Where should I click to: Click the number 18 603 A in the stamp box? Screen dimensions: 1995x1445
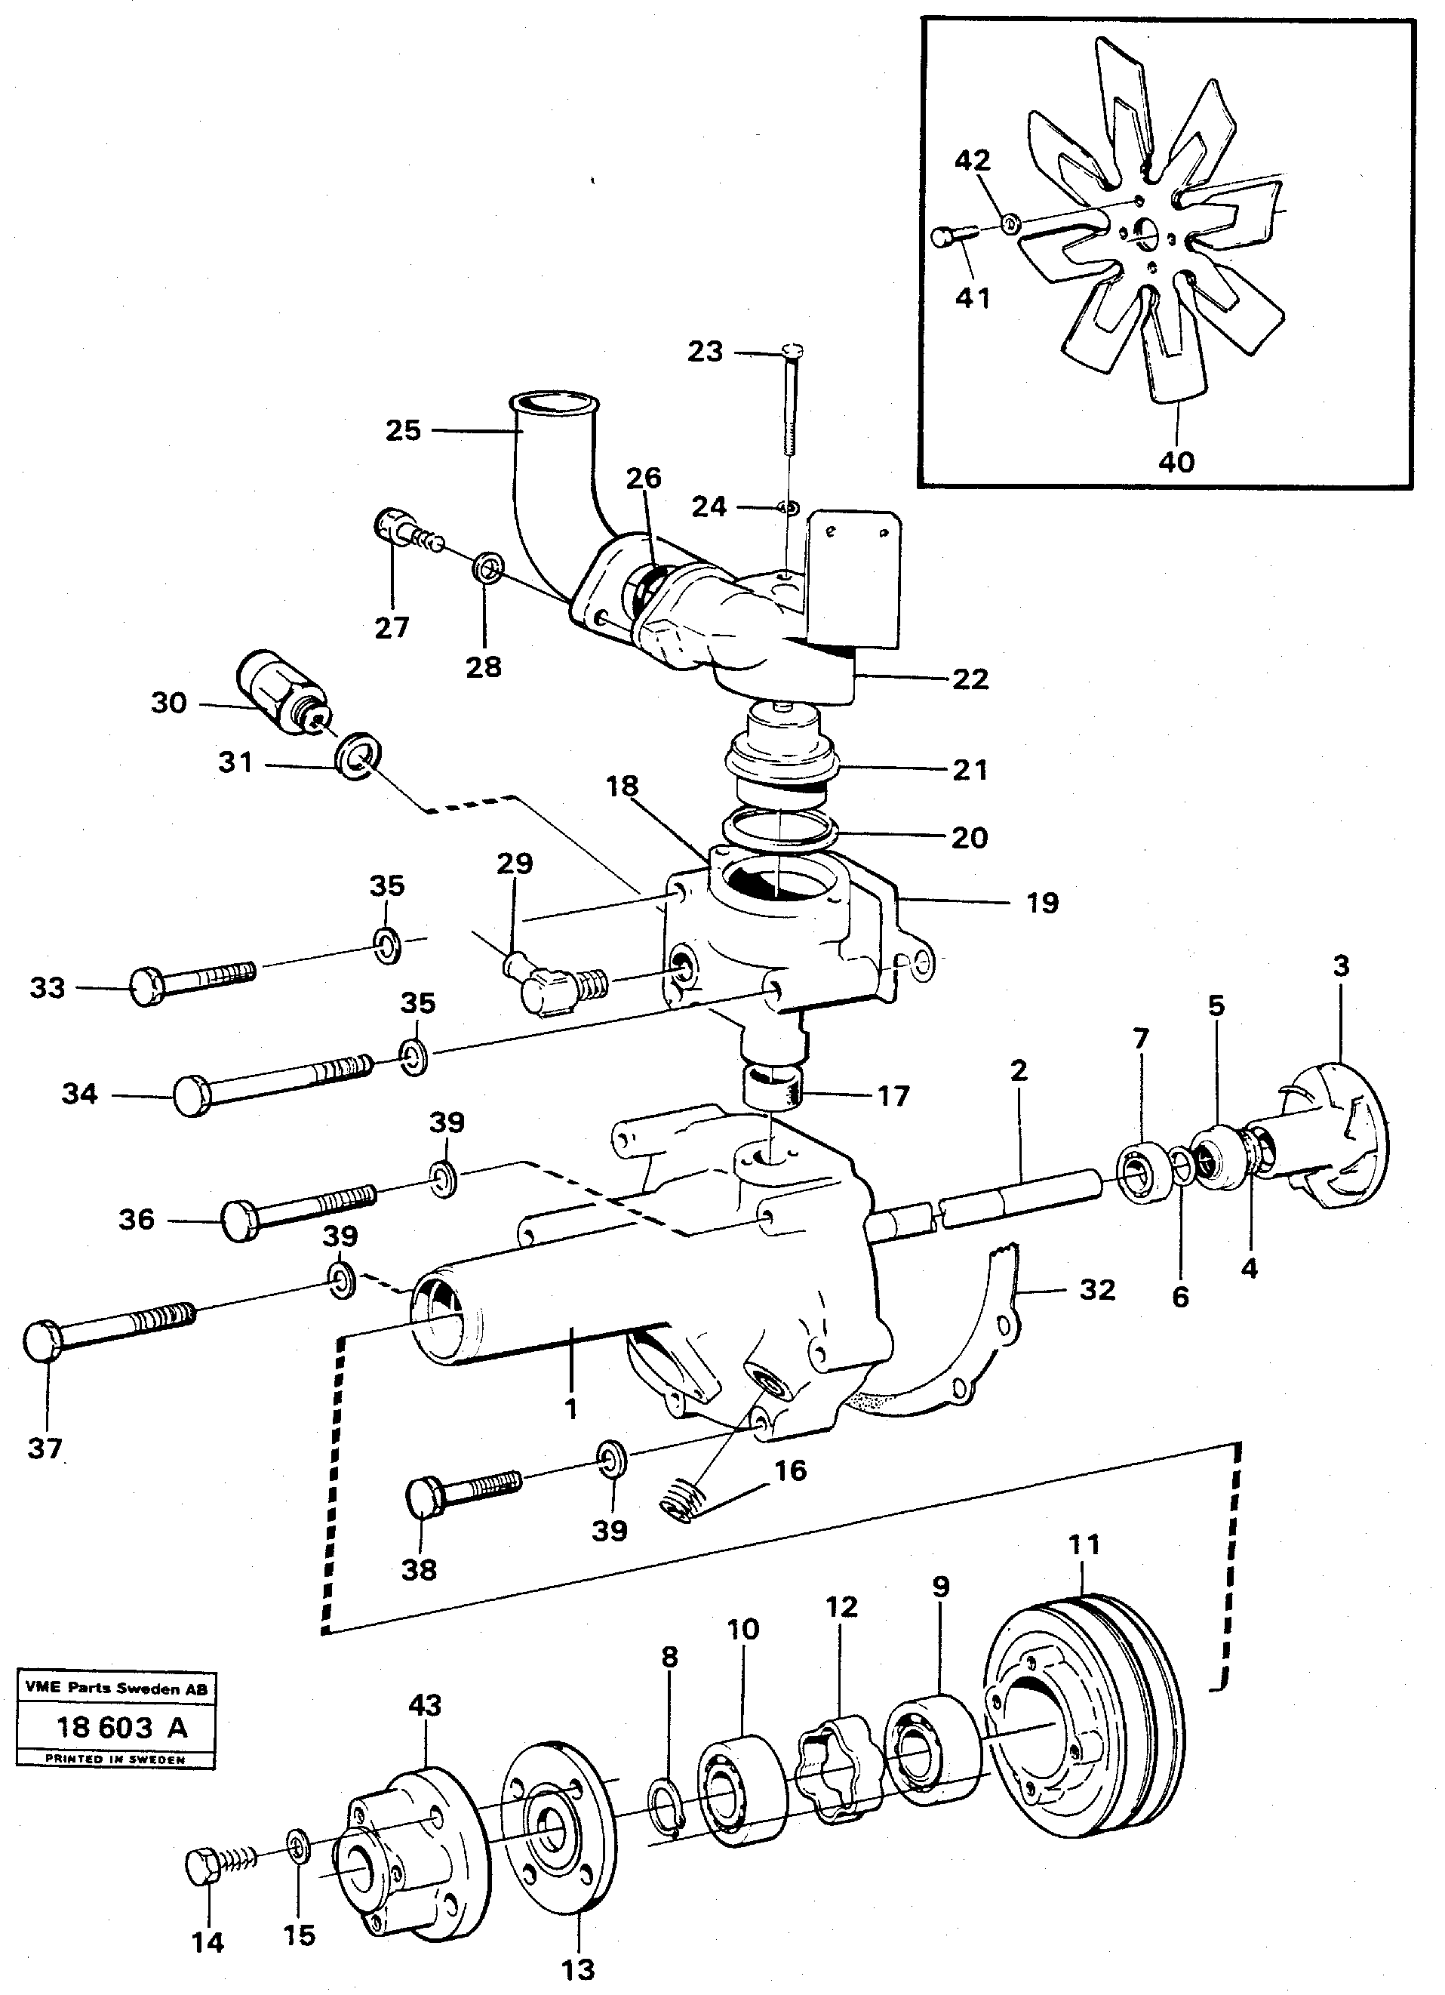point(121,1727)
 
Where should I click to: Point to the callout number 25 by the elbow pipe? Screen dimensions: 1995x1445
point(404,430)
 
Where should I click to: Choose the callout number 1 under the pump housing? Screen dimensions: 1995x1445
point(570,1409)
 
